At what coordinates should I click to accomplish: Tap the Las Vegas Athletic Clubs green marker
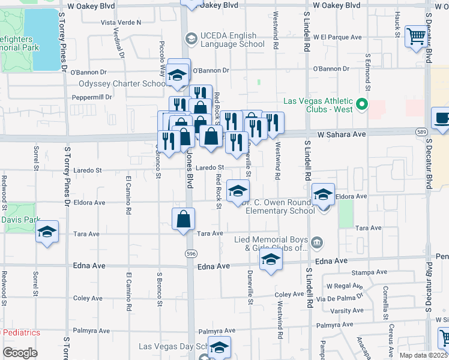(x=361, y=104)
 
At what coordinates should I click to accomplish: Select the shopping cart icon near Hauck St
(x=415, y=37)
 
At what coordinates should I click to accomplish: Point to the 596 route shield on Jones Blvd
(x=190, y=254)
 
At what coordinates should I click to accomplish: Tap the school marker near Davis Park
(x=47, y=232)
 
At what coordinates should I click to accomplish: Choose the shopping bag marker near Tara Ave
(x=184, y=220)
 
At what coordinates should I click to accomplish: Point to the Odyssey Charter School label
(x=122, y=83)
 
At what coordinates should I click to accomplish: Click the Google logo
(x=20, y=353)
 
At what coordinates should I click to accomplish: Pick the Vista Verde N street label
(x=121, y=22)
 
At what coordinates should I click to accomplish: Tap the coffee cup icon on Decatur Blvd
(x=442, y=118)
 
